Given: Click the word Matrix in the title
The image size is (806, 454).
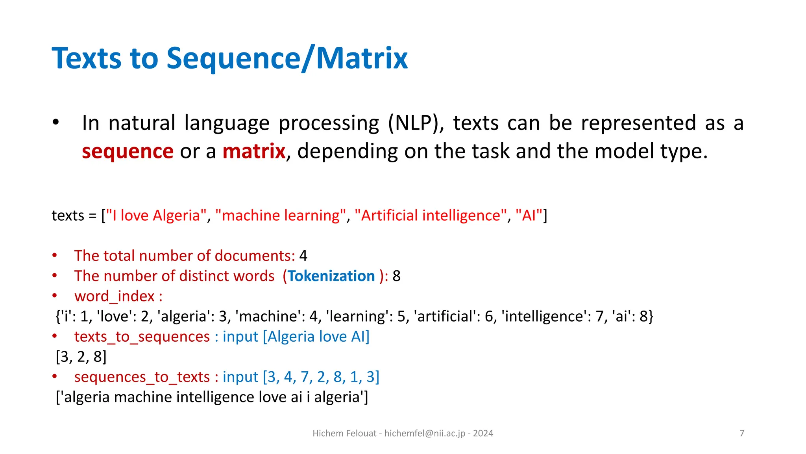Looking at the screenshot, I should point(362,58).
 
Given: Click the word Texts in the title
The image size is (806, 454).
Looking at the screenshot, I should point(87,58).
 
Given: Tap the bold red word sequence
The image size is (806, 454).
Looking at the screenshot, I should point(128,151).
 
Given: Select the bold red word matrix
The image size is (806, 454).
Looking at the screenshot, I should point(254,151).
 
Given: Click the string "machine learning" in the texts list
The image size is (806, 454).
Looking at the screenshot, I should point(280,216).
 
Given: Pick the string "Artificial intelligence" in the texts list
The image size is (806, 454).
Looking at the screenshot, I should point(431,216).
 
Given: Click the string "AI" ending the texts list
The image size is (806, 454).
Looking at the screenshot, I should point(529,216).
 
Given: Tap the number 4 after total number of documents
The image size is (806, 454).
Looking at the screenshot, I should point(303,256).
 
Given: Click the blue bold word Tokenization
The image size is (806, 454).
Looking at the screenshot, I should point(331,276).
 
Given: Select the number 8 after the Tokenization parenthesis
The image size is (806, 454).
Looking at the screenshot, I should point(396,276).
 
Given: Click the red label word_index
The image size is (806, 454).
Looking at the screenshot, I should point(115,296).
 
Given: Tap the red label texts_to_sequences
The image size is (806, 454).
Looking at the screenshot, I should point(142,337).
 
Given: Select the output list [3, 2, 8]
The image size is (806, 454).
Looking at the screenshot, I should point(81,357).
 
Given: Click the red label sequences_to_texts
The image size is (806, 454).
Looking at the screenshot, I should point(142,377).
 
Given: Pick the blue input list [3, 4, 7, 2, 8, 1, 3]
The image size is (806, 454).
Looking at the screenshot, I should point(321,377).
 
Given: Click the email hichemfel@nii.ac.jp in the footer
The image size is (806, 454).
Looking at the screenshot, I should point(425,434).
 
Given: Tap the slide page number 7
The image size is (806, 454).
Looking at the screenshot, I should point(742,434).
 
